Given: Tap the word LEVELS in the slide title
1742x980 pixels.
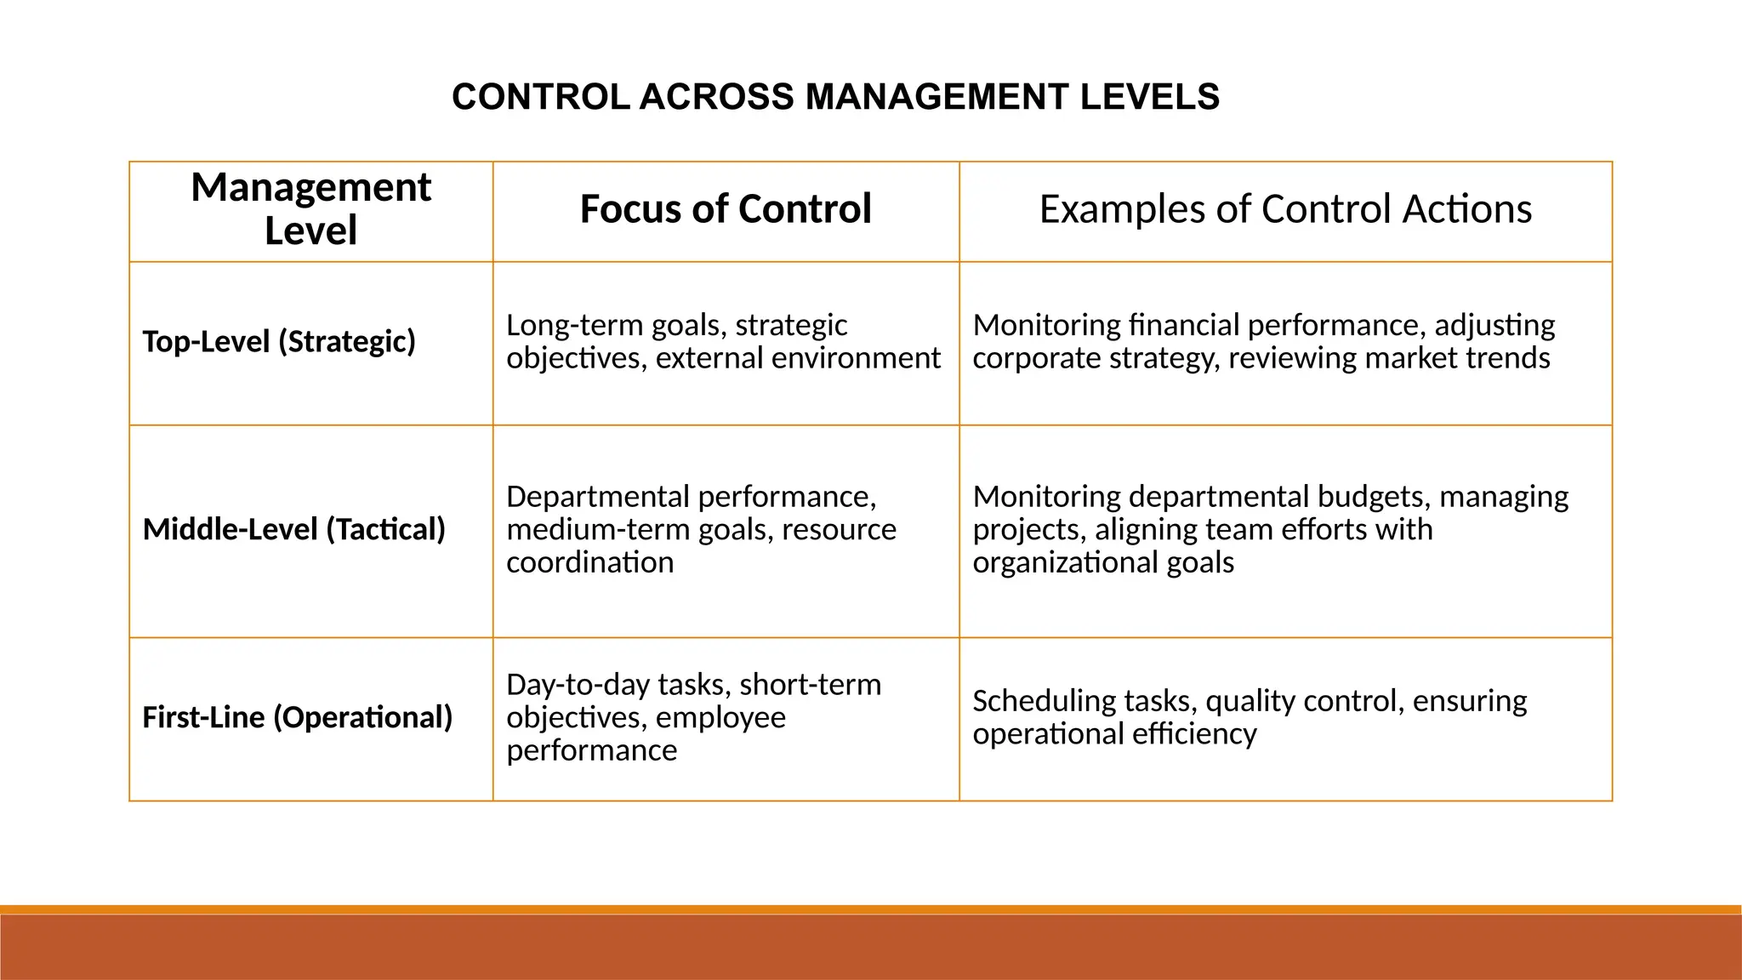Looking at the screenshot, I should click(x=1150, y=97).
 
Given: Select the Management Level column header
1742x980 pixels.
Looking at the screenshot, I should click(x=310, y=208).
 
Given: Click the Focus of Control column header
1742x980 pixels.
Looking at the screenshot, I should click(x=726, y=209).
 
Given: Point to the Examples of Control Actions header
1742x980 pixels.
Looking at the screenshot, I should click(x=1285, y=209).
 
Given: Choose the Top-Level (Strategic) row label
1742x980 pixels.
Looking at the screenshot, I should click(x=279, y=341).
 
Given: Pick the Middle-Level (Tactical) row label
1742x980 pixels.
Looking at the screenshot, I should click(x=293, y=529).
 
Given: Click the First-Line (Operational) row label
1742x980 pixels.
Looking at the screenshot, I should click(x=297, y=717).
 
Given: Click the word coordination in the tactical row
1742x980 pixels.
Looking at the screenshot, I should click(x=589, y=562).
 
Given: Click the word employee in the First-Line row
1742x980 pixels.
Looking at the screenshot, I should click(x=720, y=718).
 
